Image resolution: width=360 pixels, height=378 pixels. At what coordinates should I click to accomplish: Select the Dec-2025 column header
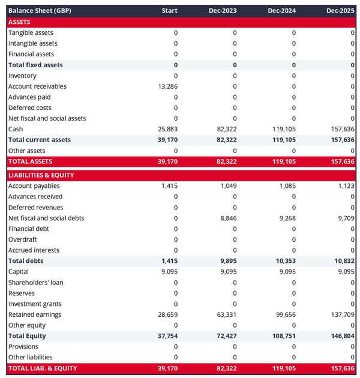[340, 11]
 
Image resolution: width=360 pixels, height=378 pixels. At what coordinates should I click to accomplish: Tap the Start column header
[169, 11]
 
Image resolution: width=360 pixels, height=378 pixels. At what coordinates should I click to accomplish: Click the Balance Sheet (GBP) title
[40, 11]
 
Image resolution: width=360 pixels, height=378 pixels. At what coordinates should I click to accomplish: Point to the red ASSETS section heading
[20, 22]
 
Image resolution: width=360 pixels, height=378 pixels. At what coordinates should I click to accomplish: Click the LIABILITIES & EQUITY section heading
[41, 175]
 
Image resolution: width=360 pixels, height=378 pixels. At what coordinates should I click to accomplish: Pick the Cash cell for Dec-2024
[284, 129]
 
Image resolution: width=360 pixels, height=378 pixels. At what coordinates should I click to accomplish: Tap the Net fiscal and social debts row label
[46, 218]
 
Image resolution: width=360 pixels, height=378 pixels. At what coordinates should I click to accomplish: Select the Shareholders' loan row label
[35, 283]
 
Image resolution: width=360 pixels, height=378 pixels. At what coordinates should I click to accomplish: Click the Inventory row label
[22, 76]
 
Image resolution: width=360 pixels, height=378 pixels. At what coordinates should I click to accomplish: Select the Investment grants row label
[35, 304]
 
